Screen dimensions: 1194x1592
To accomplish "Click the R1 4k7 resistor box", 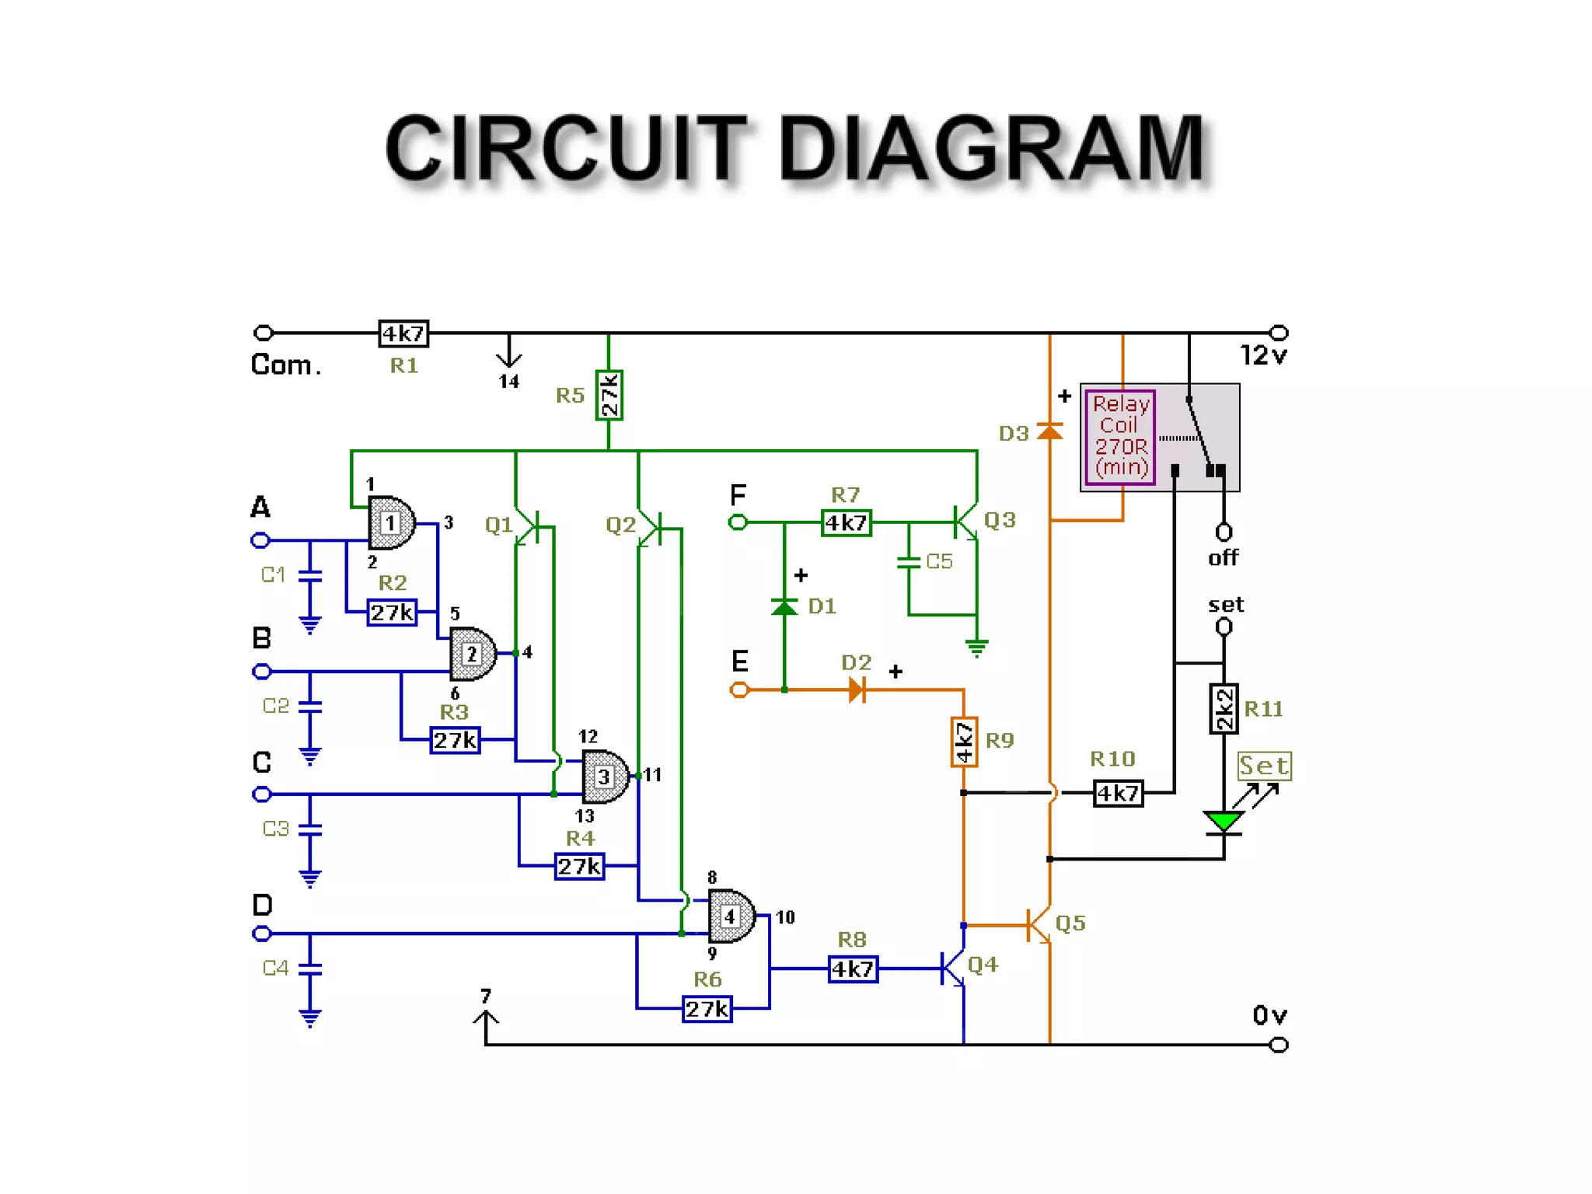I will tap(403, 333).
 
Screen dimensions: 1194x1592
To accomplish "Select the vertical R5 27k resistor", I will tap(609, 395).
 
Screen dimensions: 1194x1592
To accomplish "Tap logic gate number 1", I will tap(391, 523).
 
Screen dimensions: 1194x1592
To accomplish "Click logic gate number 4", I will tap(731, 916).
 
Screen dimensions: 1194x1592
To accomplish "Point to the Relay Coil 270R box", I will tap(1120, 437).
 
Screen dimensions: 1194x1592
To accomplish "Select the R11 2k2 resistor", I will tap(1224, 708).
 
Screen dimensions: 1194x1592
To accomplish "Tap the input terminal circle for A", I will tap(261, 540).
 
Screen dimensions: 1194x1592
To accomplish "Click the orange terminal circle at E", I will tap(739, 690).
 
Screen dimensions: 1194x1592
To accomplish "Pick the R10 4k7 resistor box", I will tap(1118, 794).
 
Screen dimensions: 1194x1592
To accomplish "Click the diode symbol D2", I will tap(857, 690).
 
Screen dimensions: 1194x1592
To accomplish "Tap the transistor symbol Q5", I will tap(1039, 925).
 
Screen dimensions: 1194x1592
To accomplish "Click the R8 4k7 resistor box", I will tap(853, 969).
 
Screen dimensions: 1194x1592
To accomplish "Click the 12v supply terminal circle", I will tap(1279, 333).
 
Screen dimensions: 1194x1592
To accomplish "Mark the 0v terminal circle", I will tap(1279, 1045).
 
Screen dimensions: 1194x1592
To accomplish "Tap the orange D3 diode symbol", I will tap(1050, 431).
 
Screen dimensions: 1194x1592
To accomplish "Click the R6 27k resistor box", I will tap(707, 1009).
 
